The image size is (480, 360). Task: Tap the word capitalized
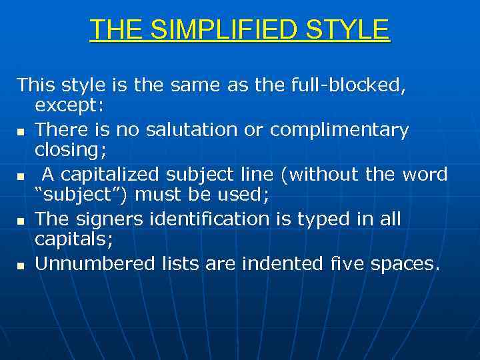point(113,175)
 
